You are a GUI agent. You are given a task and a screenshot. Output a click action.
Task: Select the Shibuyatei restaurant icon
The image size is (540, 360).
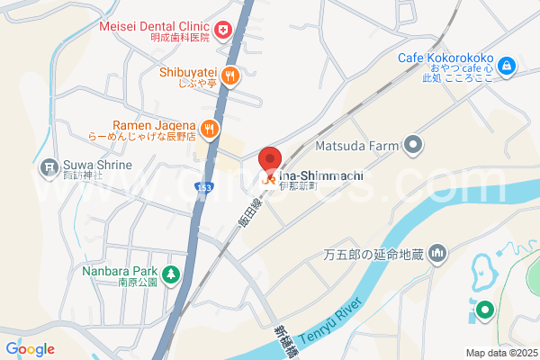click(230, 76)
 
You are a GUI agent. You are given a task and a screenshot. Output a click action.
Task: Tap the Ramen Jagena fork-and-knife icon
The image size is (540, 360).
click(210, 129)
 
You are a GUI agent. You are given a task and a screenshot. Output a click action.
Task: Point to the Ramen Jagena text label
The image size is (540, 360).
click(153, 125)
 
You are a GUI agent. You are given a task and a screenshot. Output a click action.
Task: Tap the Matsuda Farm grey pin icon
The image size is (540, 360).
click(413, 144)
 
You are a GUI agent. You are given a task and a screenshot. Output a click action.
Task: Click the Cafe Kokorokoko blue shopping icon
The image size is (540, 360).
click(507, 65)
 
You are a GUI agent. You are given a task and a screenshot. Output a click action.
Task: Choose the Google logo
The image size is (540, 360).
click(30, 349)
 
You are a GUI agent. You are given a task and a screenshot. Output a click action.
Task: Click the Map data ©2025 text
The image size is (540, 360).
click(500, 352)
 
